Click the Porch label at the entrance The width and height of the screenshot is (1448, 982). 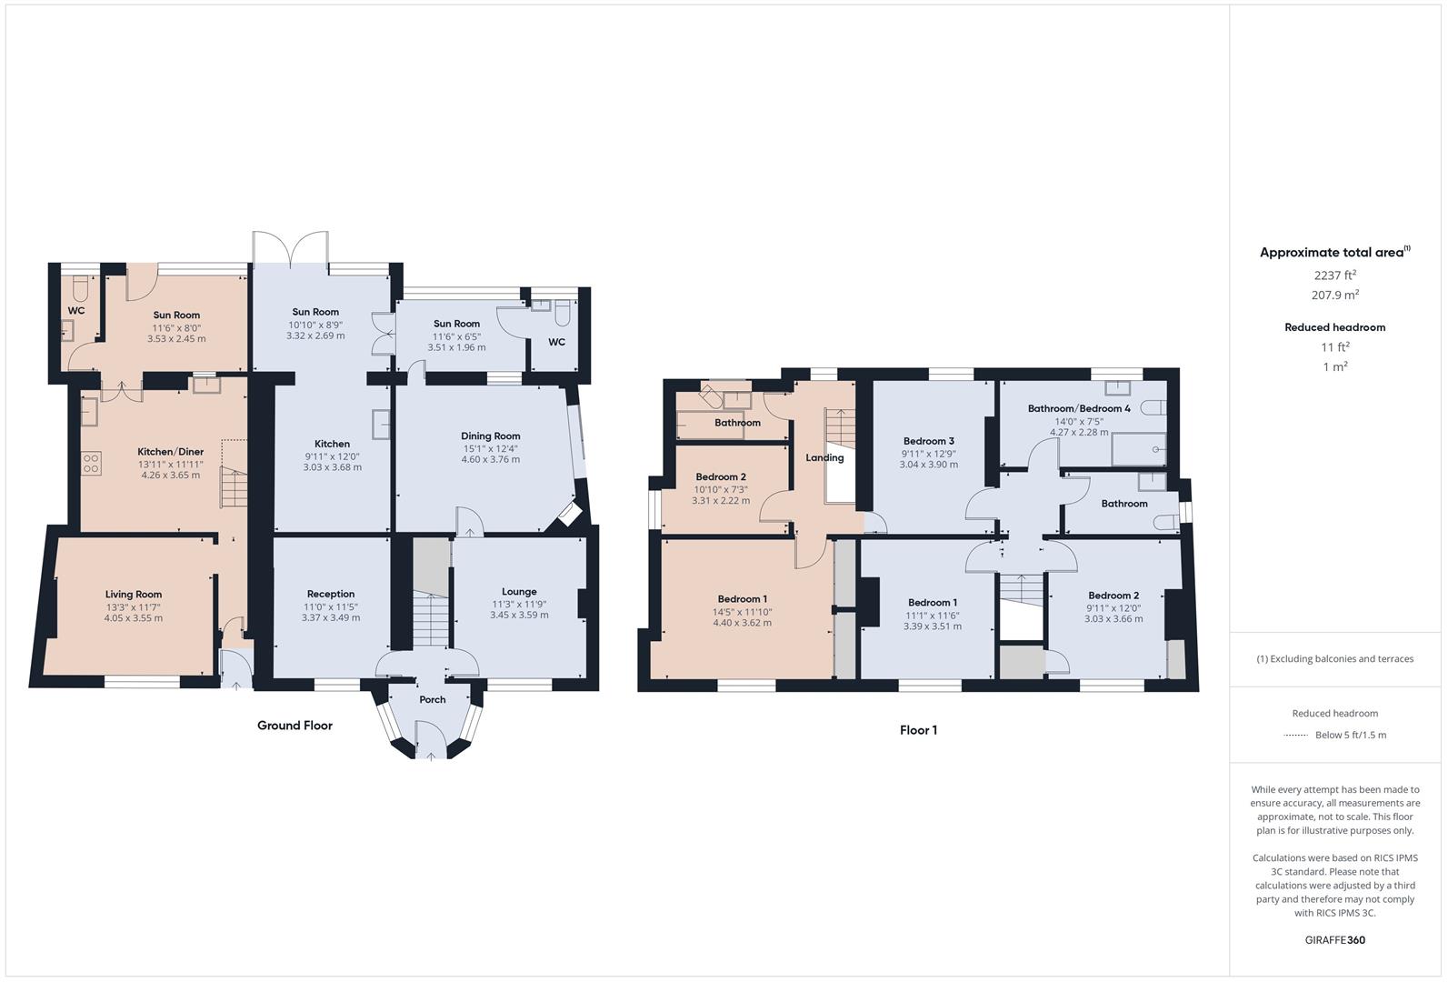tap(433, 699)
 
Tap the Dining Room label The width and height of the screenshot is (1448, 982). tap(490, 436)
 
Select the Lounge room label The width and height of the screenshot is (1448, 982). tap(519, 592)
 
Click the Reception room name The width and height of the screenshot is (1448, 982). tap(331, 594)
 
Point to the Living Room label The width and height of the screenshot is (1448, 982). tap(134, 594)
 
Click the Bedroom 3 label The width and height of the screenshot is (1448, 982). tap(929, 441)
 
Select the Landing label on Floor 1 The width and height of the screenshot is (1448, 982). tap(824, 457)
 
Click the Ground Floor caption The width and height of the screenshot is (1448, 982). tap(295, 726)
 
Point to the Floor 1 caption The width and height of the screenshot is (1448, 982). tap(919, 730)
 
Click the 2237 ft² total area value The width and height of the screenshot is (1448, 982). tap(1335, 276)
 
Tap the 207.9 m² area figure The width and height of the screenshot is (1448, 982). tap(1335, 295)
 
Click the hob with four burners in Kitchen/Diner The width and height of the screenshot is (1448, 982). tap(91, 463)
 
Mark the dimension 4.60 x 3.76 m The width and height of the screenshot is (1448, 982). tap(490, 460)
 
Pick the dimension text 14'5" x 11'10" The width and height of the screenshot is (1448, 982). tap(742, 612)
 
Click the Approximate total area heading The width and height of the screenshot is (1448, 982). tap(1335, 252)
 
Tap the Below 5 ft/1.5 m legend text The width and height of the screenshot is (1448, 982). tap(1351, 735)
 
